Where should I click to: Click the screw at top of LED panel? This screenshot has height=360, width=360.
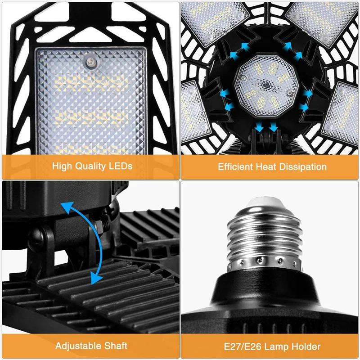click(91, 62)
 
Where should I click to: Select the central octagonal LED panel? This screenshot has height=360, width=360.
click(266, 86)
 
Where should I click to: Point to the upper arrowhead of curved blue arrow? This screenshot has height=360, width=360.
click(67, 207)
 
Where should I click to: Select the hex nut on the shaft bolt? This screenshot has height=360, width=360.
click(98, 225)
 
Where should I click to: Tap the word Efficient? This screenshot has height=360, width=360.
click(235, 166)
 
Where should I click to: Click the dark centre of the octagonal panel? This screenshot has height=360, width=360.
click(266, 85)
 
